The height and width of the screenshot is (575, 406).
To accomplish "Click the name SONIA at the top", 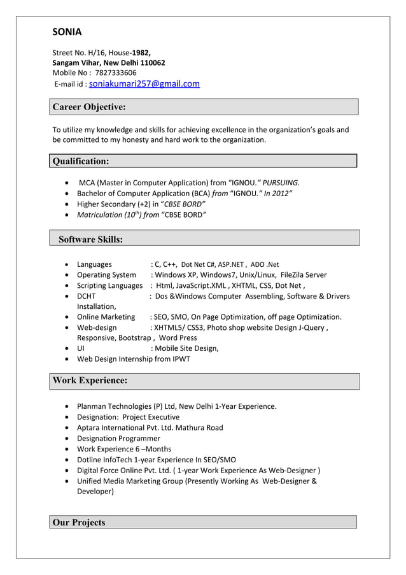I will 67,32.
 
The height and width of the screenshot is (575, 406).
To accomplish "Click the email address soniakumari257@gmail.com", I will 144,83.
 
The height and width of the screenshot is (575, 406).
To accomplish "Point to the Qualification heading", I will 81,161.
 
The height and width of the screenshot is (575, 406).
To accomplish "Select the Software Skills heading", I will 91,239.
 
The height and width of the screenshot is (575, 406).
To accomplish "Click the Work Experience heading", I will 90,380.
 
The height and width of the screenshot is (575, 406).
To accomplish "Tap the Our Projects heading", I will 79,523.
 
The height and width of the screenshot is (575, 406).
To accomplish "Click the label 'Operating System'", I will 106,275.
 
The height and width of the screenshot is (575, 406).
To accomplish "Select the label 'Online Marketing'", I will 106,316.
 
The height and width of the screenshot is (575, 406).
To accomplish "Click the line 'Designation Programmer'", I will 118,438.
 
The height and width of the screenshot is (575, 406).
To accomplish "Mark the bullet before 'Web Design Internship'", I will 67,359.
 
